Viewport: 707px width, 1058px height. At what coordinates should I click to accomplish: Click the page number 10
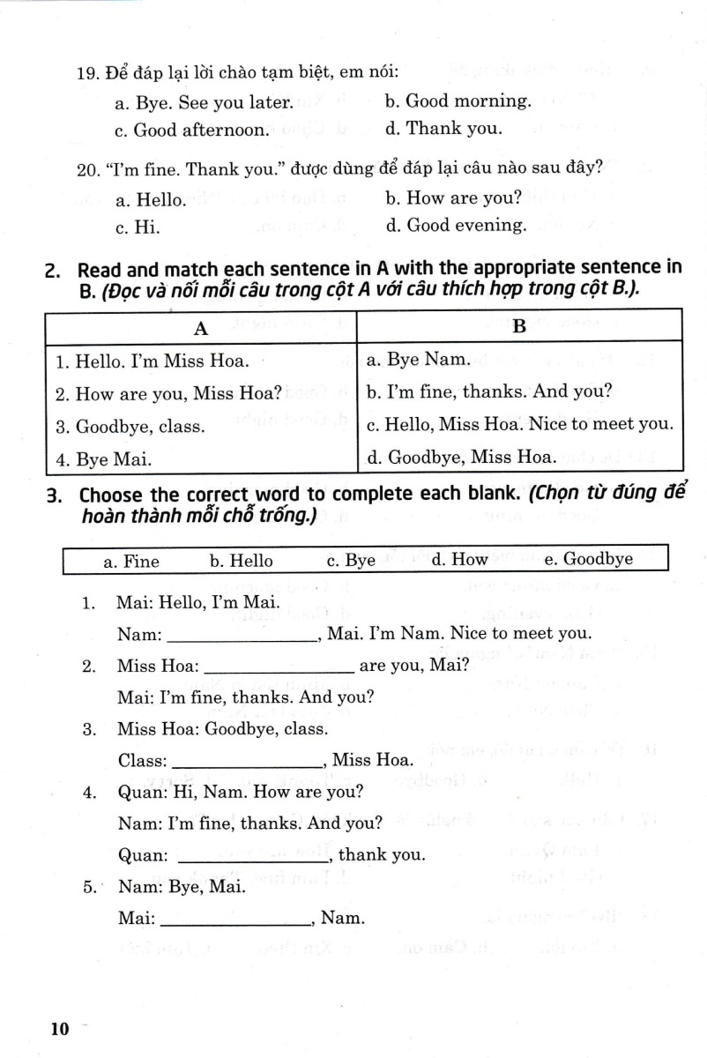point(59,1029)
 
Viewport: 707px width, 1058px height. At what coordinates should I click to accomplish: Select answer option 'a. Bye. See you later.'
point(204,102)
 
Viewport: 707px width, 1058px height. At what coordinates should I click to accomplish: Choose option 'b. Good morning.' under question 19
point(458,101)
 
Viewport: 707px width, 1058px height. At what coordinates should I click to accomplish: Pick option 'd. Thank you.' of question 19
point(443,129)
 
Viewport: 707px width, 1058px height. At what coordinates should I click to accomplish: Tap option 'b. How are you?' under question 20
point(453,197)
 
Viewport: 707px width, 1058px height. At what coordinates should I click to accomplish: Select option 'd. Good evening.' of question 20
point(455,226)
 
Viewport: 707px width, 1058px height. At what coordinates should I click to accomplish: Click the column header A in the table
point(201,328)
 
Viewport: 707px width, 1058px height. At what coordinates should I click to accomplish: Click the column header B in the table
point(519,327)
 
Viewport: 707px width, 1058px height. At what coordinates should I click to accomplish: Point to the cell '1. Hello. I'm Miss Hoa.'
point(152,361)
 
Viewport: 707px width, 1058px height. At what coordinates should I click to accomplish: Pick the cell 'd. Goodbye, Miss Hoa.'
point(460,458)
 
